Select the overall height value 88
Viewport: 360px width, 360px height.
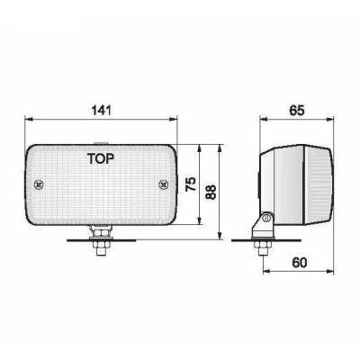[212, 192]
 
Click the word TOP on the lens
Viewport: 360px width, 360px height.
[106, 161]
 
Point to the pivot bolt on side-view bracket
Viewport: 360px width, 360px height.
[266, 221]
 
